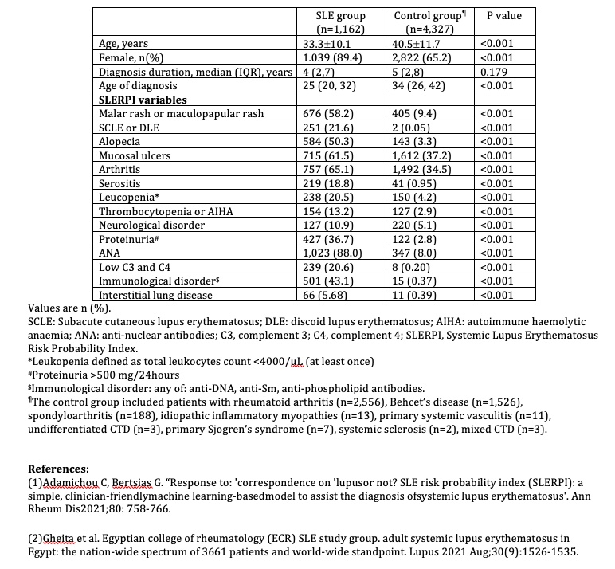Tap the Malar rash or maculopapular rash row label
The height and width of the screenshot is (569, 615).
coord(174,114)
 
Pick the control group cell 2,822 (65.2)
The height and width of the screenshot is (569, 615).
coord(422,57)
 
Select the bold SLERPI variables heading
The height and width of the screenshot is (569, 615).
coord(143,100)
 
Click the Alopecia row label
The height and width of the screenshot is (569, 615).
coord(119,142)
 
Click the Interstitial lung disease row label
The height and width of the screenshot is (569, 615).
coord(155,296)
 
